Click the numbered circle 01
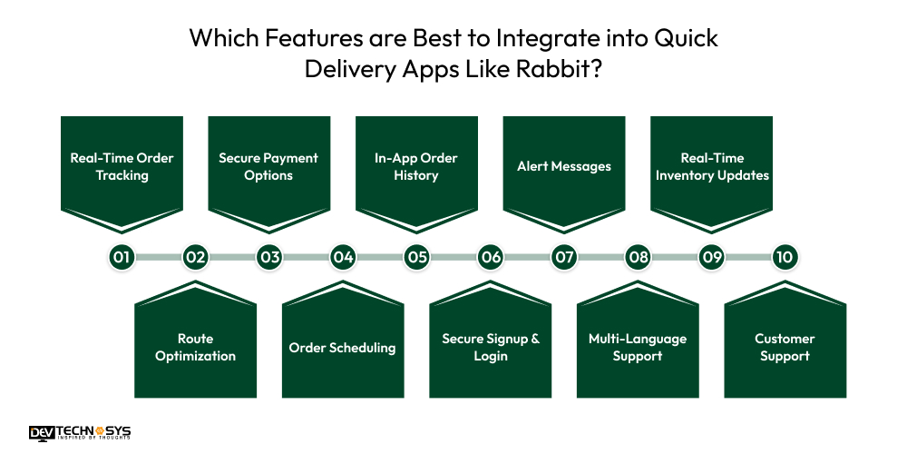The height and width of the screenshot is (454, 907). pyautogui.click(x=122, y=257)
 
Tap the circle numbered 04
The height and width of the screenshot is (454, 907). pyautogui.click(x=343, y=257)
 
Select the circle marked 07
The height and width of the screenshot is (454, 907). pyautogui.click(x=564, y=257)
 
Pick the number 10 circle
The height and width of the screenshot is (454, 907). pyautogui.click(x=785, y=257)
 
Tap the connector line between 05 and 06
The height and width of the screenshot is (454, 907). pyautogui.click(x=453, y=257)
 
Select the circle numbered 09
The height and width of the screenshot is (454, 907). pyautogui.click(x=712, y=257)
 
